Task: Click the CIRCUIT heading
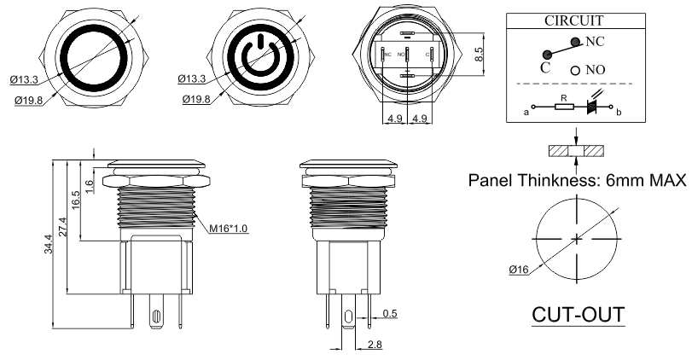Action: [573, 20]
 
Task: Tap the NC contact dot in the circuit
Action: [575, 42]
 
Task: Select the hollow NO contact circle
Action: [575, 70]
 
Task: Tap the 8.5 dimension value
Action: [479, 55]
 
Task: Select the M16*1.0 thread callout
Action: [228, 228]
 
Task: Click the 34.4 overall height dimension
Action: [48, 244]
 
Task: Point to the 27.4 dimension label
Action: [62, 227]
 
